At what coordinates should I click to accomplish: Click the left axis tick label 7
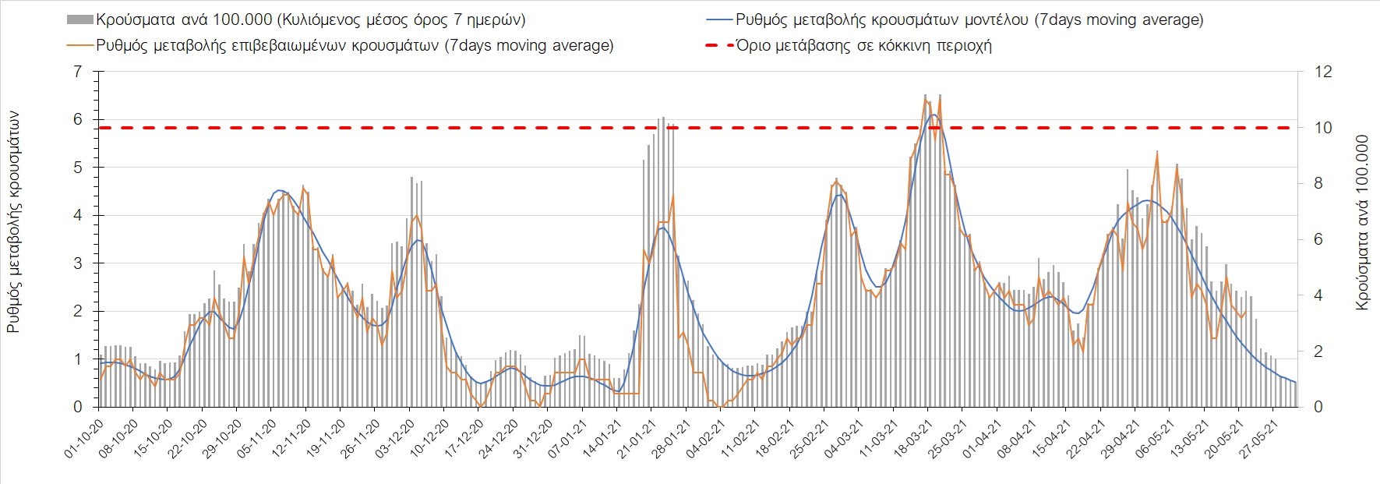[x=76, y=72]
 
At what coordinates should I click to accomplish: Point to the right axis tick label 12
[x=1323, y=72]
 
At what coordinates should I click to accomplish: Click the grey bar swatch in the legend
[x=80, y=20]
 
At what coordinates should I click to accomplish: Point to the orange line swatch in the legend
[x=80, y=45]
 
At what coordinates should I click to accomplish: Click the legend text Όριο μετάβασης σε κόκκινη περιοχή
[x=863, y=45]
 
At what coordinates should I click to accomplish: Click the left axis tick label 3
[x=76, y=263]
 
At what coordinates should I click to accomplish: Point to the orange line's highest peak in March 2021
[x=925, y=97]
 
